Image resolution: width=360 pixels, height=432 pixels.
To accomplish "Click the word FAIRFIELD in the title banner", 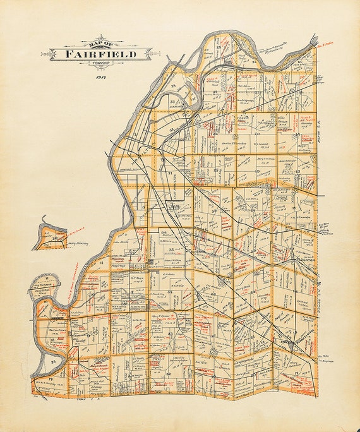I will click(x=101, y=54).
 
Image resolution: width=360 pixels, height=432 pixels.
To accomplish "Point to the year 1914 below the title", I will click(x=100, y=76).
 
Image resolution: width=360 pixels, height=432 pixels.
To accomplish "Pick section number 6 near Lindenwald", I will click(x=144, y=207).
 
